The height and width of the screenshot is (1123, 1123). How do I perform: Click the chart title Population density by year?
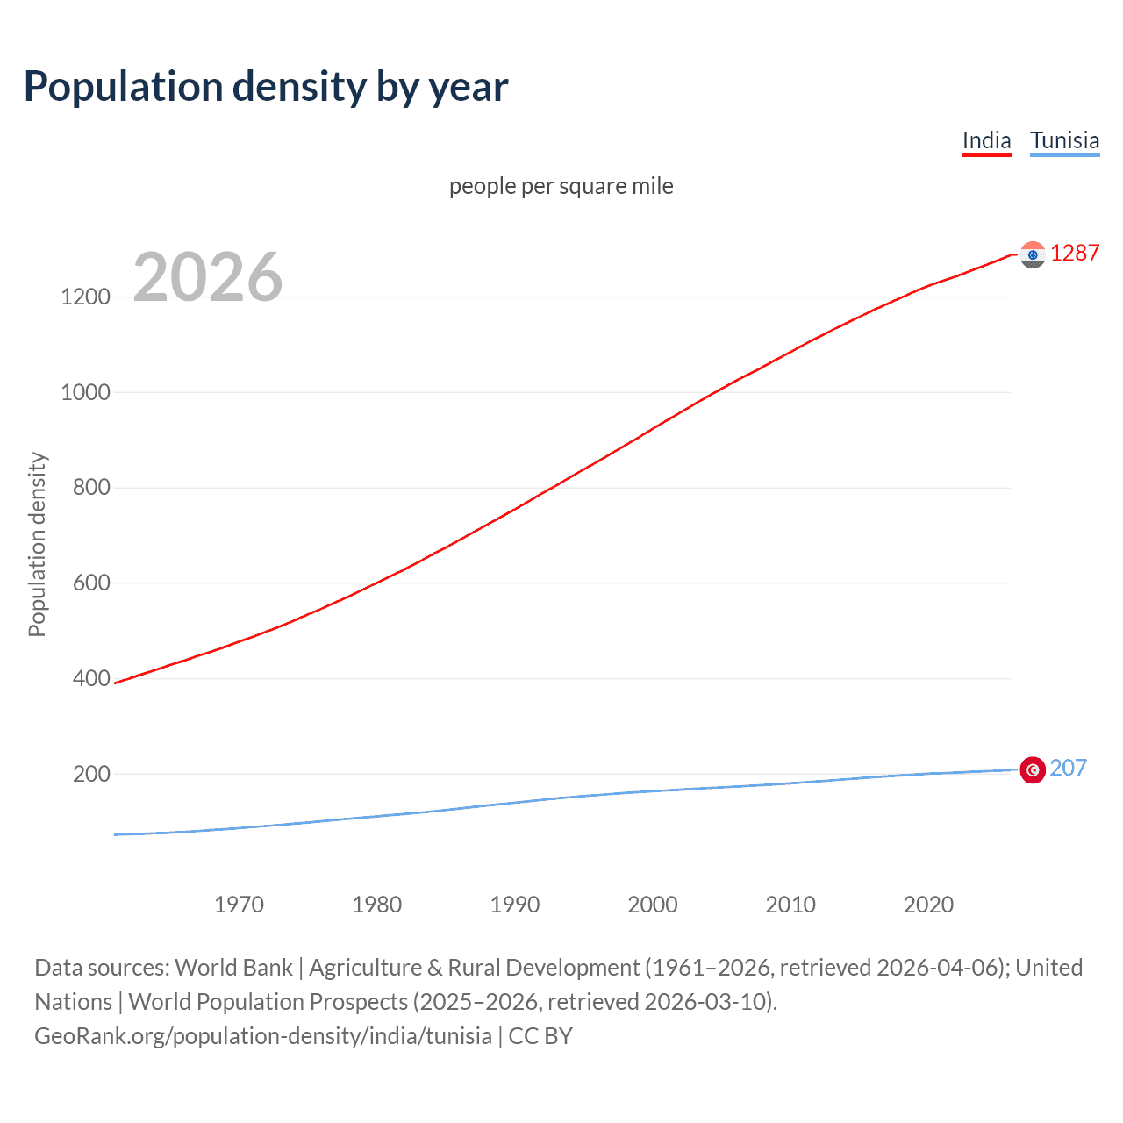(x=266, y=87)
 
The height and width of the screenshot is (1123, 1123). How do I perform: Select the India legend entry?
(x=986, y=140)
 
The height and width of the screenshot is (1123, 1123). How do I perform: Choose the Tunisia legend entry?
(x=1064, y=140)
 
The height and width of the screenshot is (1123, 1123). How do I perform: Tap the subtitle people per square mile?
(x=561, y=186)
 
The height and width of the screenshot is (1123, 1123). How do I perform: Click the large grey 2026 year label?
(x=208, y=277)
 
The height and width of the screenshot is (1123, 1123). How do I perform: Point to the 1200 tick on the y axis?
(x=85, y=297)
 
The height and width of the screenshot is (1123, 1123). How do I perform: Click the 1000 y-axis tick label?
(x=85, y=392)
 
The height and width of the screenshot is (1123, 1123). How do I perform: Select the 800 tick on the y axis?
(x=91, y=488)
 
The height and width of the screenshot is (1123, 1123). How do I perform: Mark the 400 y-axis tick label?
(x=91, y=678)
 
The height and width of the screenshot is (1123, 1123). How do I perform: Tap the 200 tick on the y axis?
(x=91, y=774)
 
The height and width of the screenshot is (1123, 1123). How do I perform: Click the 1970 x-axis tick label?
(x=239, y=905)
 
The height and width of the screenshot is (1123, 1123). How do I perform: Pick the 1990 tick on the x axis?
(x=515, y=905)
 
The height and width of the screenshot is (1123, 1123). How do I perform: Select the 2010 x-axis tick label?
(x=790, y=905)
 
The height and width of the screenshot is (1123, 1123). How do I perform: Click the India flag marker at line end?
(x=1033, y=254)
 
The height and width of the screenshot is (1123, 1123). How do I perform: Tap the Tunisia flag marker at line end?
(x=1033, y=770)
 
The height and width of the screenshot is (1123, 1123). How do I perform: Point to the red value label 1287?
(x=1075, y=253)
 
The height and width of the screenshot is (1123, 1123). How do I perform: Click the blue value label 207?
(x=1068, y=768)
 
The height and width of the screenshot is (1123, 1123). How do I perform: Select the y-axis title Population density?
(x=37, y=544)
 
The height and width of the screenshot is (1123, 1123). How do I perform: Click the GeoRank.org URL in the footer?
(x=263, y=1036)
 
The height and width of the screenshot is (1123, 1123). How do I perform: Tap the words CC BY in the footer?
(x=540, y=1036)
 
